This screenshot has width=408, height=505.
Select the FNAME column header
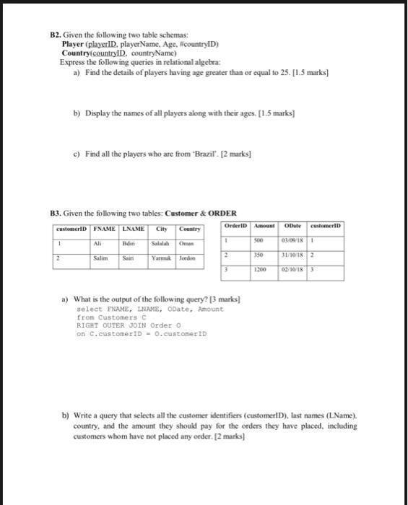[x=107, y=229]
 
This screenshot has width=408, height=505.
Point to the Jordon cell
[x=187, y=257]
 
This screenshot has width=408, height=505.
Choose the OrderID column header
[x=238, y=225]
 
